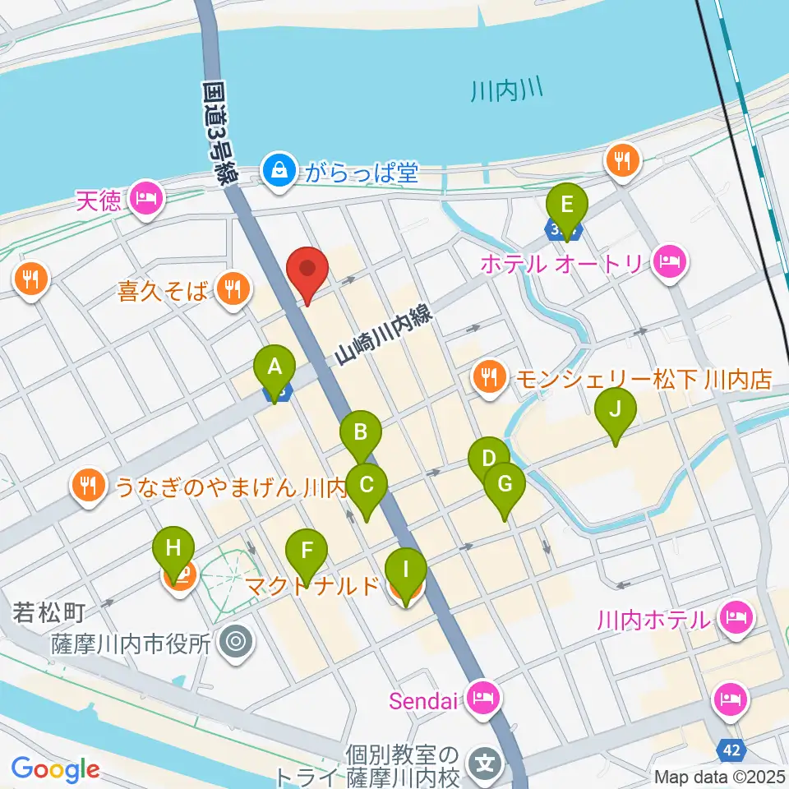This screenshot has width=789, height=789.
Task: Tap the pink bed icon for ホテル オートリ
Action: pos(671,263)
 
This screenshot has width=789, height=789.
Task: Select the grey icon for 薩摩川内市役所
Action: pos(237,640)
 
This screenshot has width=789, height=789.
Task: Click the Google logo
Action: pos(55,769)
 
